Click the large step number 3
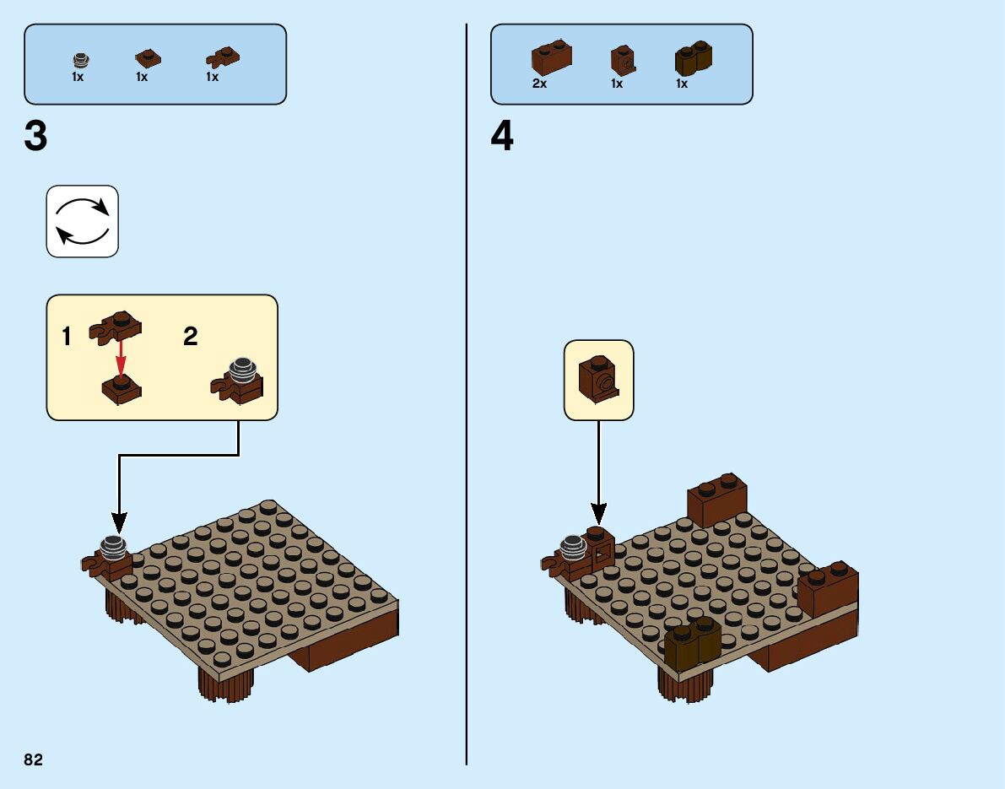(36, 138)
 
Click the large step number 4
(502, 138)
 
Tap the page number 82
(34, 760)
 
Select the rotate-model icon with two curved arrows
(82, 221)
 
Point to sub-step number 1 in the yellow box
(67, 338)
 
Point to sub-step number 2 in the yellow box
(191, 338)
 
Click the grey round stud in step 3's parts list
(80, 60)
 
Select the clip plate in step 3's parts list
(222, 57)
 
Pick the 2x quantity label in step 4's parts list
(539, 84)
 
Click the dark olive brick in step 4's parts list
(693, 57)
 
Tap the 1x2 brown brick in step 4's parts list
(551, 57)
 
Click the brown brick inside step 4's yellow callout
(598, 379)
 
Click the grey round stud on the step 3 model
(112, 549)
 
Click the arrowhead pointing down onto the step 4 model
(598, 512)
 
